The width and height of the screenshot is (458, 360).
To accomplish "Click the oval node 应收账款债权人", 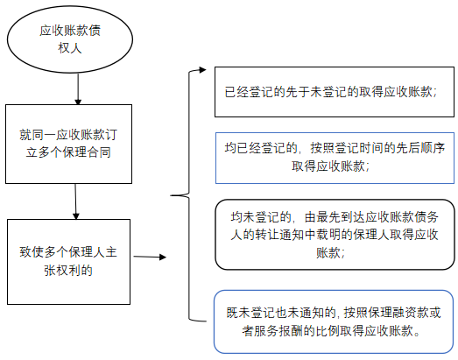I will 71,40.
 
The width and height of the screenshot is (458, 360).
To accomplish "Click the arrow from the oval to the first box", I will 78,87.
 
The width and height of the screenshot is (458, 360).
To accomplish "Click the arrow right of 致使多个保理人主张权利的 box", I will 150,258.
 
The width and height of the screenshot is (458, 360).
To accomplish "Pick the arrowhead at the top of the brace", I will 202,69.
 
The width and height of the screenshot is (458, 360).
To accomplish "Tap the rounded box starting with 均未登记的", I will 336,234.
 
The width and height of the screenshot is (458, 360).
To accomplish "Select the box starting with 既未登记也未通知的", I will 336,321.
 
